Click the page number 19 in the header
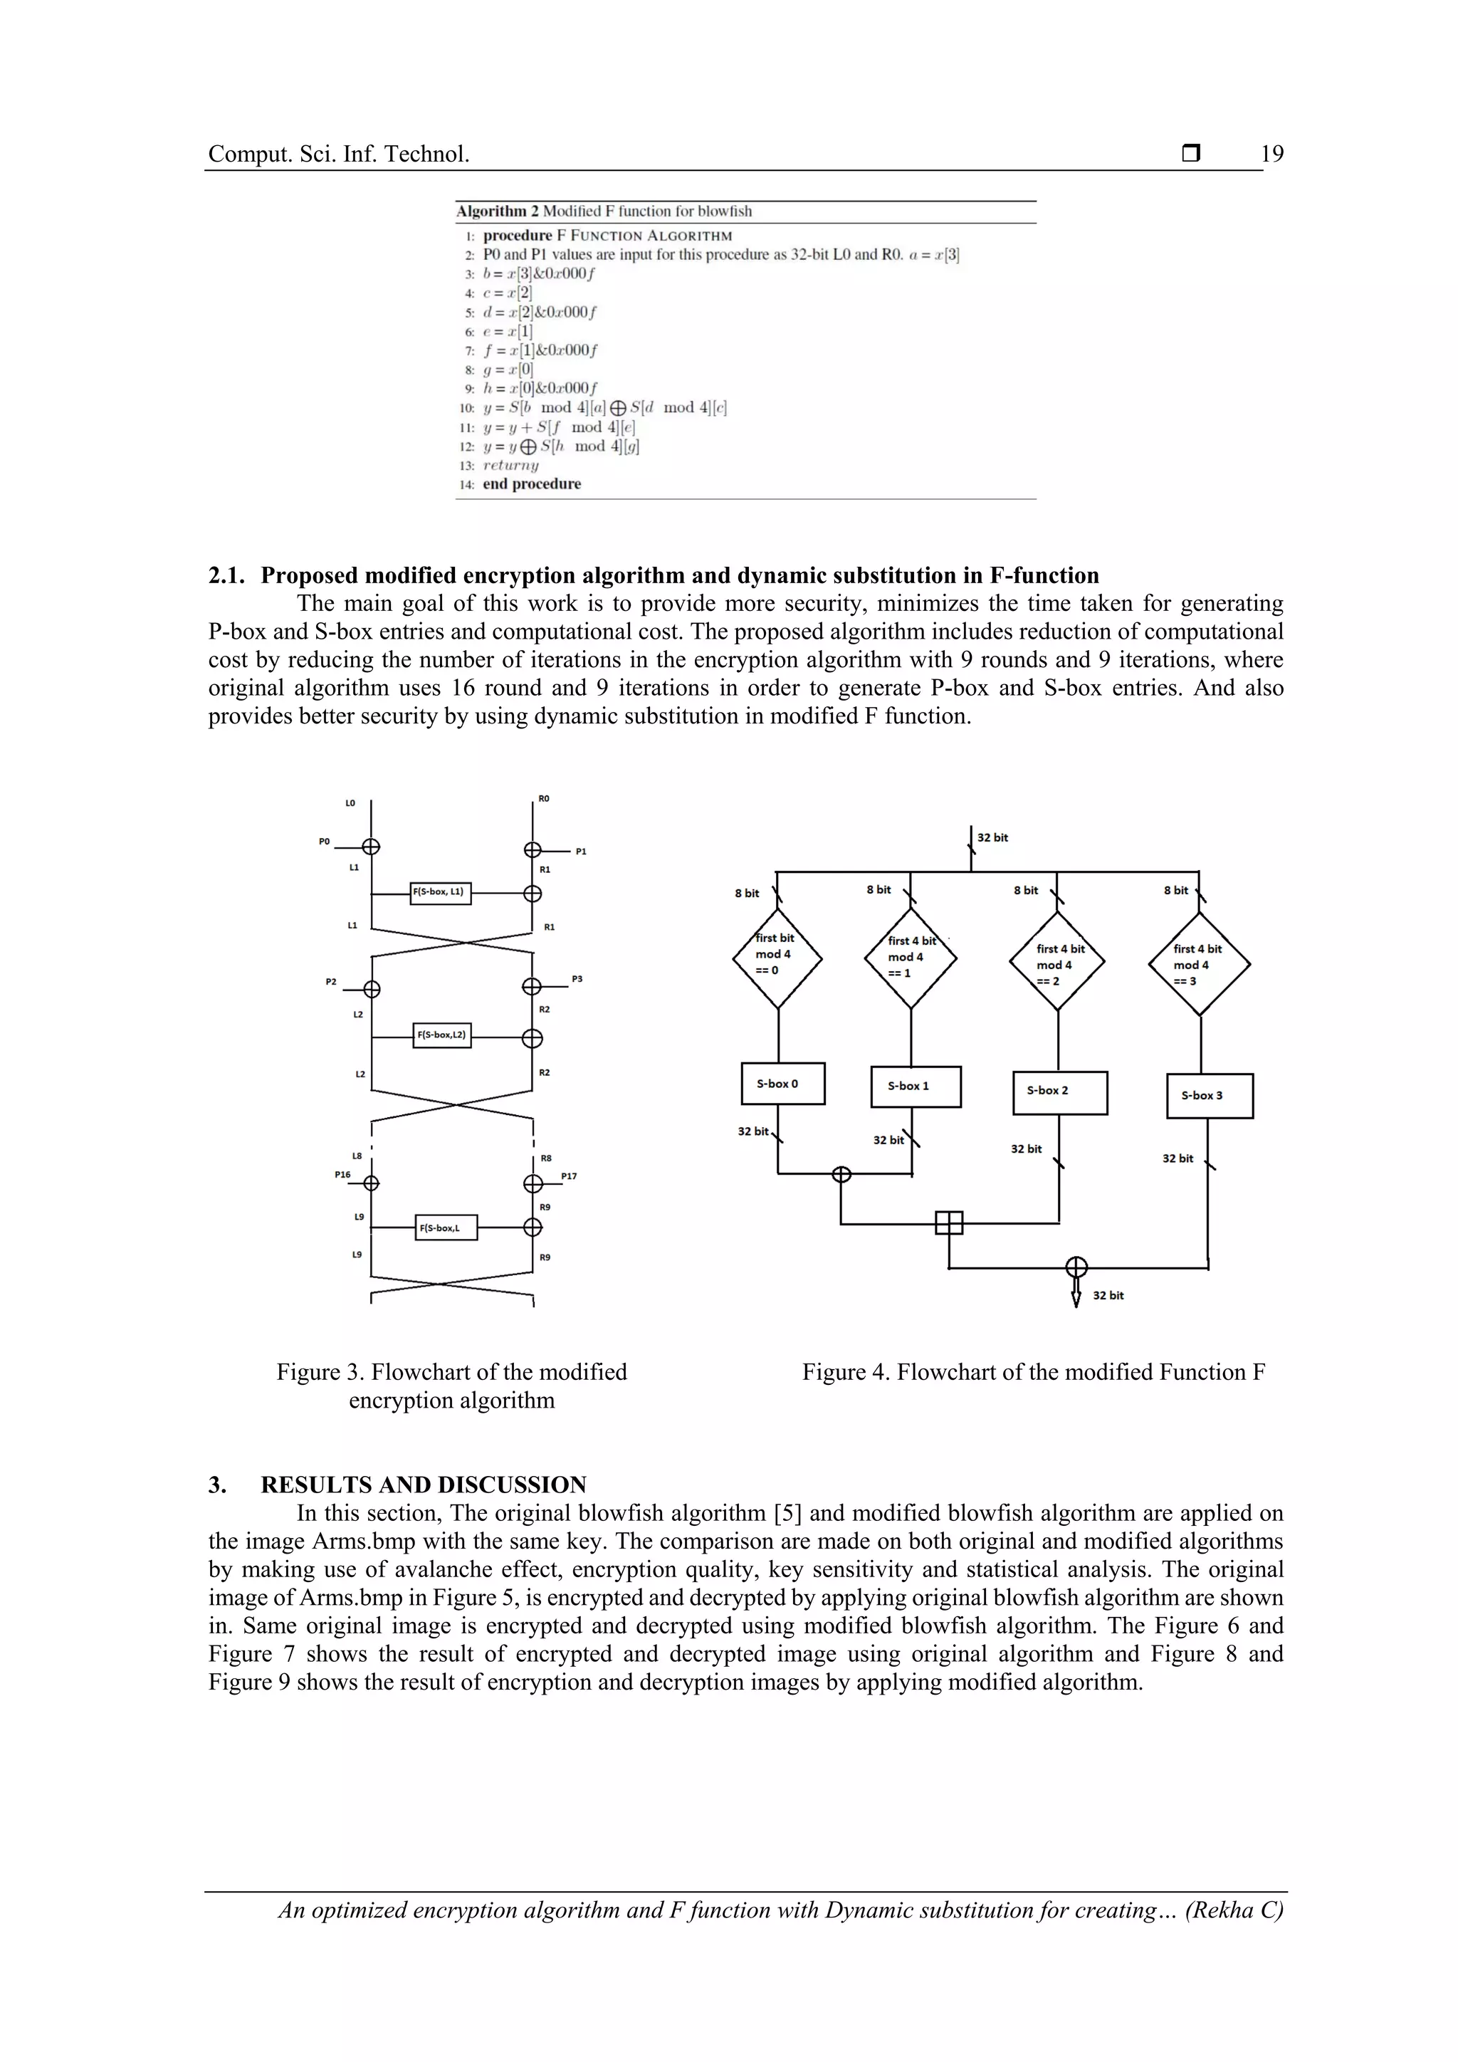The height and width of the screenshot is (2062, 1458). tap(1271, 154)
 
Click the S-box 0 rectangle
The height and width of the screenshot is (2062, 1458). tap(782, 1083)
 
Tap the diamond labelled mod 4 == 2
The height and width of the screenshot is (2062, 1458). tap(1056, 963)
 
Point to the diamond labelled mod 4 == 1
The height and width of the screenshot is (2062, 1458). tap(911, 958)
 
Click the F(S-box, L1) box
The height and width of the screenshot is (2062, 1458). tap(440, 893)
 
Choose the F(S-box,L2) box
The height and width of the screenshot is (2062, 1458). tap(441, 1035)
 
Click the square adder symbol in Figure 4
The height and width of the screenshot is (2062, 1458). tap(949, 1223)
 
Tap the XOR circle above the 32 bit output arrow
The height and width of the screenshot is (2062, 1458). tap(1076, 1267)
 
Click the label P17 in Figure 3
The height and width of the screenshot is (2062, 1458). tap(568, 1176)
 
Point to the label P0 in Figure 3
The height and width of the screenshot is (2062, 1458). tap(324, 842)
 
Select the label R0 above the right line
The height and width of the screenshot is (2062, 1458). tap(544, 798)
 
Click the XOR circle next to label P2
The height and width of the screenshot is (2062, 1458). tap(371, 989)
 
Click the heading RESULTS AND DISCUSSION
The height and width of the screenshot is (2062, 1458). tap(423, 1485)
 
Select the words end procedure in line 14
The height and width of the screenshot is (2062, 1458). tap(532, 484)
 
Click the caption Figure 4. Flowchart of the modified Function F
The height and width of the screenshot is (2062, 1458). tap(1034, 1372)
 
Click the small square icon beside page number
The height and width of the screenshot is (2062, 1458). tap(1190, 154)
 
